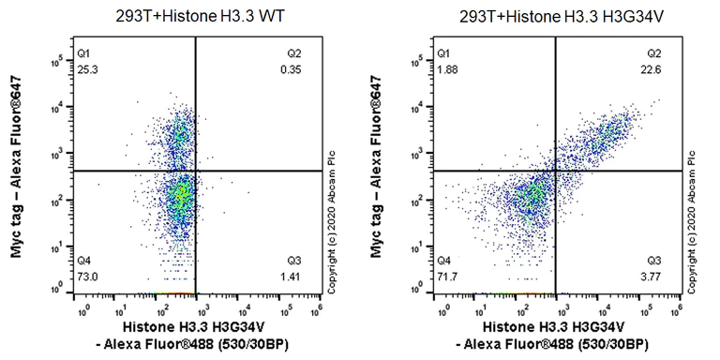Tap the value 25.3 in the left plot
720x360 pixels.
click(85, 68)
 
